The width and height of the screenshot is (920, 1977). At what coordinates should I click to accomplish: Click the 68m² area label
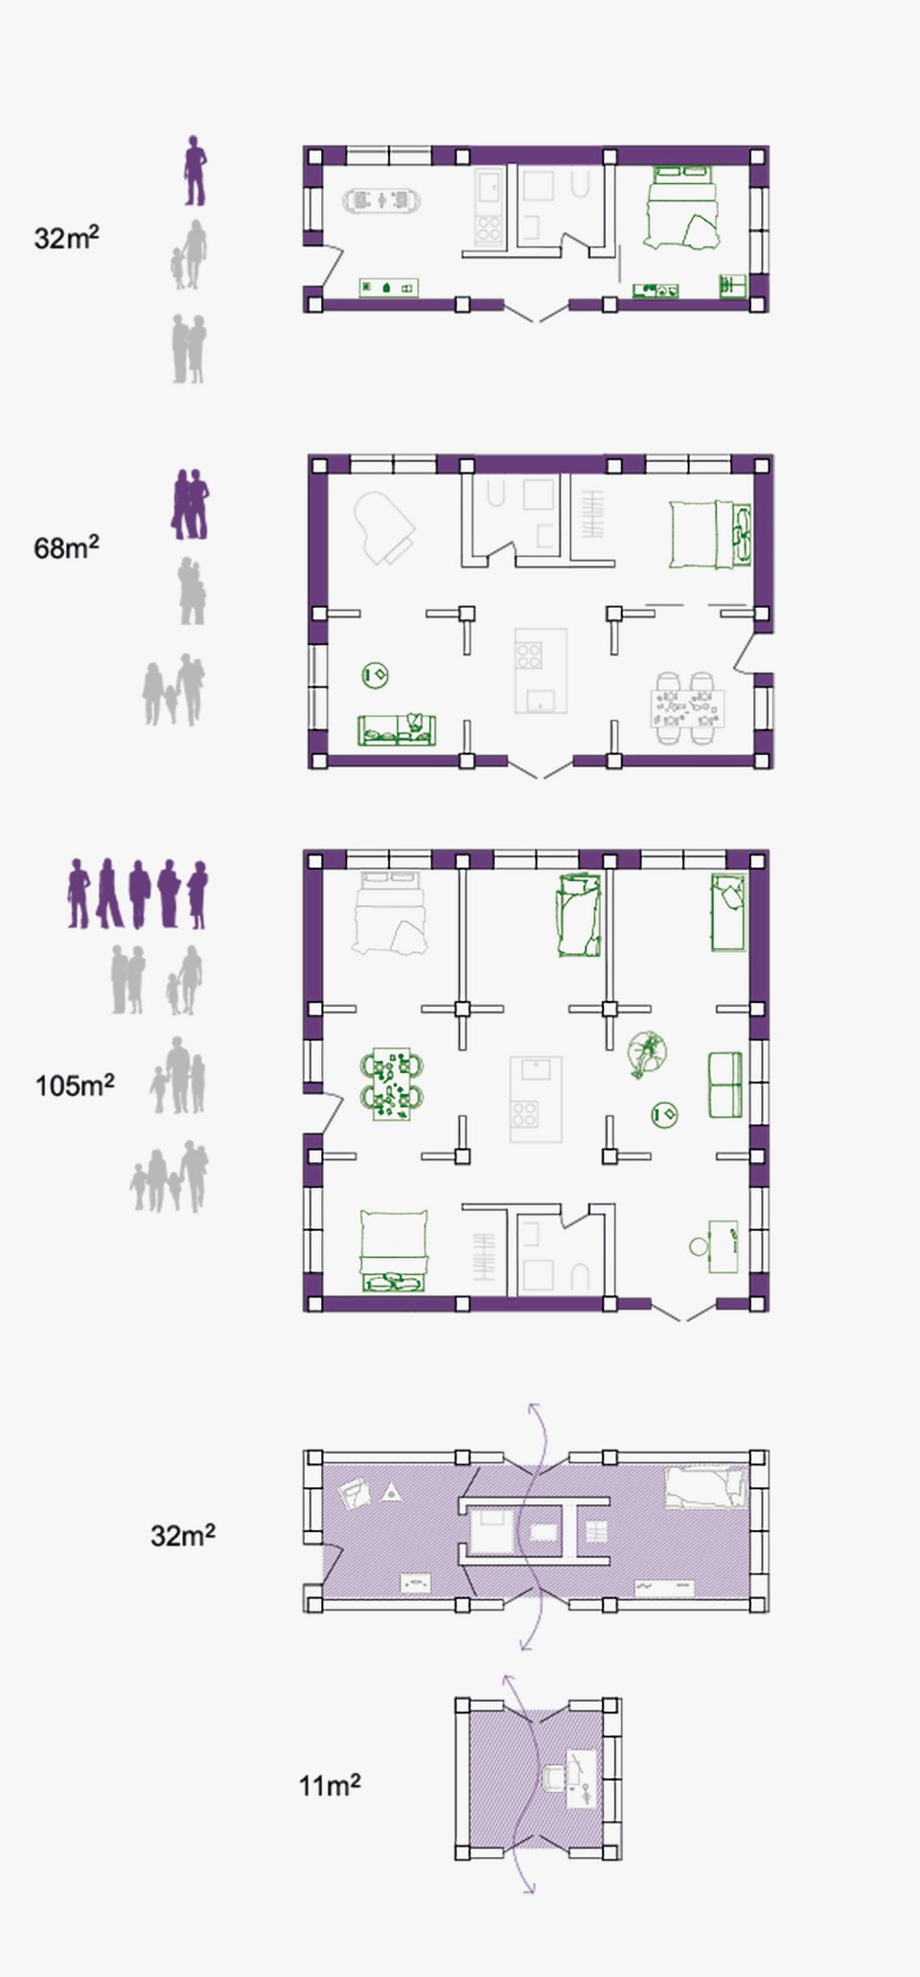(66, 547)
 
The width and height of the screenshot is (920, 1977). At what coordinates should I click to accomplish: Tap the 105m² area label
(75, 1085)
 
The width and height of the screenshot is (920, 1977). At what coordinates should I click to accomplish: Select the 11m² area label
(330, 1785)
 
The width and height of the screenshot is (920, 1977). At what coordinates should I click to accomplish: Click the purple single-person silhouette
(195, 171)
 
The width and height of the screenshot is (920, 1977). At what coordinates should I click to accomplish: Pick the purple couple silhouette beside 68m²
(190, 504)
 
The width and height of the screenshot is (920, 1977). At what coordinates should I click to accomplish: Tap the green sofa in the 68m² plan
(396, 730)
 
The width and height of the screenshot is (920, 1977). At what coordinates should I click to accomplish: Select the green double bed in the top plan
(682, 207)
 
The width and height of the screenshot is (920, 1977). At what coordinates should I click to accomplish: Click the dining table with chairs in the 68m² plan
(688, 709)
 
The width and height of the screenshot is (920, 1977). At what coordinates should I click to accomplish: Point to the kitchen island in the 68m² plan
(540, 670)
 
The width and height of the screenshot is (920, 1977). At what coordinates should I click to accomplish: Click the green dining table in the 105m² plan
(392, 1083)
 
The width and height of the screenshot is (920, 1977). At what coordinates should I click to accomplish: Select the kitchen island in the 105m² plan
(536, 1099)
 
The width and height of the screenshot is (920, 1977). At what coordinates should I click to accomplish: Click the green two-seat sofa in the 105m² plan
(725, 1085)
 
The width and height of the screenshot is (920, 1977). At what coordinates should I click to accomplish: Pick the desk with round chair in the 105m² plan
(715, 1246)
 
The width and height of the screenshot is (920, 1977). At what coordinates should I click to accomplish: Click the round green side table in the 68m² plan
(375, 676)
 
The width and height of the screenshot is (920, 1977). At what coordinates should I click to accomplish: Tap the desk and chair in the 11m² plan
(572, 1779)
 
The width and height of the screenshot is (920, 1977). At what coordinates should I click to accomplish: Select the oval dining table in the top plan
(381, 200)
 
